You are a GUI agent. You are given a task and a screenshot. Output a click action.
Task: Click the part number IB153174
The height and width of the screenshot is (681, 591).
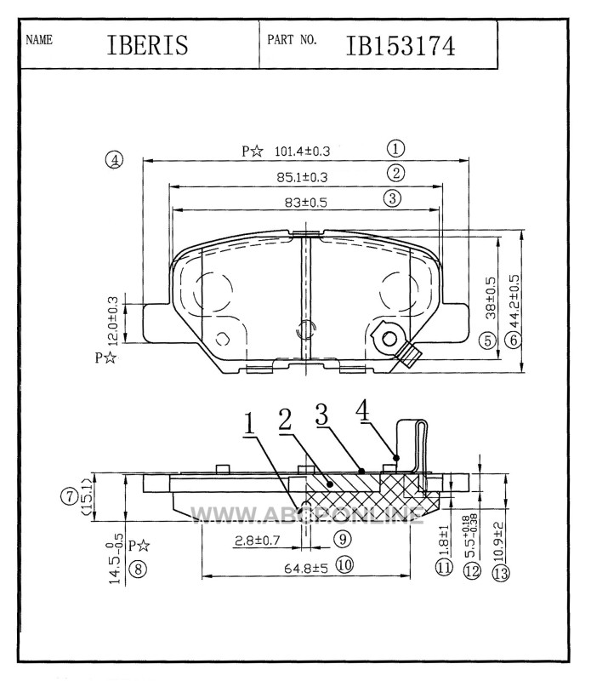400,46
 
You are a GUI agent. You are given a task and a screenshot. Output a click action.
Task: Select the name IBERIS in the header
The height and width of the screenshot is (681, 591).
147,45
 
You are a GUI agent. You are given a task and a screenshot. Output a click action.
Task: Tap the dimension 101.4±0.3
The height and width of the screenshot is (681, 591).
302,152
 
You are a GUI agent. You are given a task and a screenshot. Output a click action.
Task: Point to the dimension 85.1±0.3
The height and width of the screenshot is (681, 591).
302,177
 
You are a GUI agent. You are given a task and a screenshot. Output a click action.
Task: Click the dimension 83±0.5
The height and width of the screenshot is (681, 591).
305,203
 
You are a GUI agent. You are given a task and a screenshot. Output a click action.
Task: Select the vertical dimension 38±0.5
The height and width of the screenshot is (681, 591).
491,298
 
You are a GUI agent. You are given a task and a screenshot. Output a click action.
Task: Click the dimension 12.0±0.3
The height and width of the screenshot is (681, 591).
112,321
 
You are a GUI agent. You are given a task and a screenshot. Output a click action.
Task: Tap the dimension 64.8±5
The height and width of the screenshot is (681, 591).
306,568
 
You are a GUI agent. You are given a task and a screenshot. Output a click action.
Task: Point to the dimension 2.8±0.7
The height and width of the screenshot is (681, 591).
258,541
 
